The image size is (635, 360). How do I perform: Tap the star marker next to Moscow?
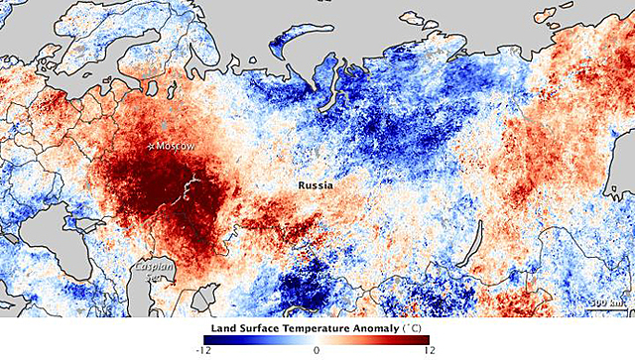click(x=151, y=146)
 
